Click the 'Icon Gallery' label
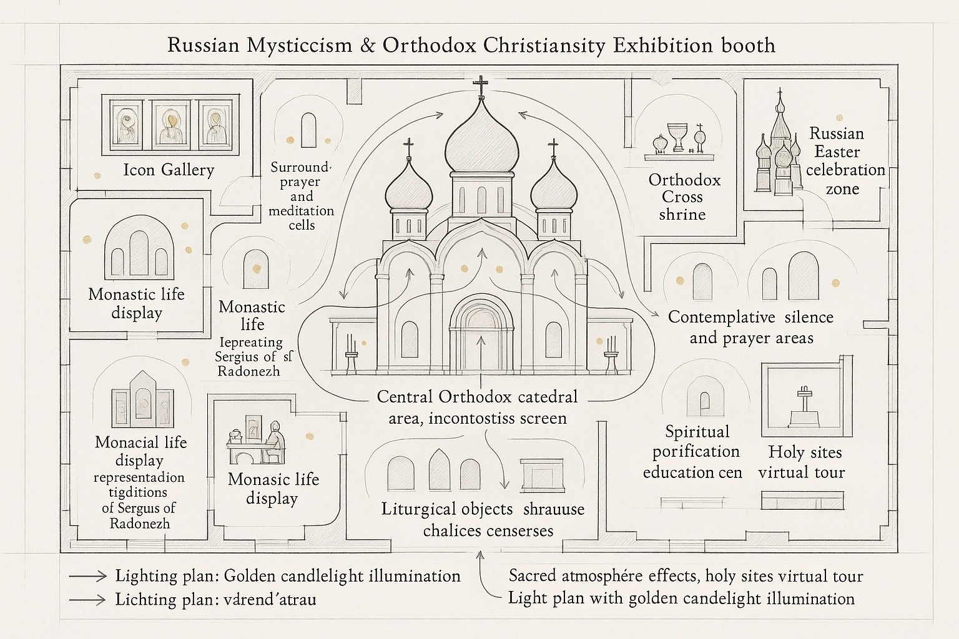point(169,170)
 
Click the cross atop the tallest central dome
point(481,85)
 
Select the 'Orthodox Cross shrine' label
point(684,197)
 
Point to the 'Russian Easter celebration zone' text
point(840,161)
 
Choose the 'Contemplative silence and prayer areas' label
point(750,327)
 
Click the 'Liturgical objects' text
point(447,509)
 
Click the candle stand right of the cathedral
point(610,358)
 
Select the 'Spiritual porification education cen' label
point(693,452)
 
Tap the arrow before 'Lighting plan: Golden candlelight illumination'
point(87,575)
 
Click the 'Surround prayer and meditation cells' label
point(301,196)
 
